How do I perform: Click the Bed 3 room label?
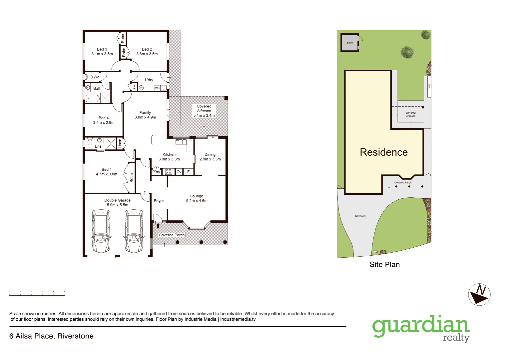point(102,49)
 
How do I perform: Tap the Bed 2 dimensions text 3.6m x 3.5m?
point(147,54)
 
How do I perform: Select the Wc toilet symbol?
point(89,77)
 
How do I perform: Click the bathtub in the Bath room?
point(93,99)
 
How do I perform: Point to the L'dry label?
point(149,80)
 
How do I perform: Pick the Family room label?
point(145,113)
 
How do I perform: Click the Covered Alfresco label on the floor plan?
point(204,109)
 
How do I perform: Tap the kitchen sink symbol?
point(181,142)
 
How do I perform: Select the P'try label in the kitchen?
point(156,172)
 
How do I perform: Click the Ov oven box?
point(179,172)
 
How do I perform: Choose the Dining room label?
point(210,155)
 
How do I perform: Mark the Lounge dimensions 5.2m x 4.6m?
point(197,201)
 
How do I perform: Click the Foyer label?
point(159,201)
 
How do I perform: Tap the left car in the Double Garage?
point(101,231)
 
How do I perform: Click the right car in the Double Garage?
point(134,231)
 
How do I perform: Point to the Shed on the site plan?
point(349,43)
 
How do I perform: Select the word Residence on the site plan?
point(384,152)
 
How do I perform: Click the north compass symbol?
point(479,294)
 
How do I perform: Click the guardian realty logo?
point(421,328)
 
